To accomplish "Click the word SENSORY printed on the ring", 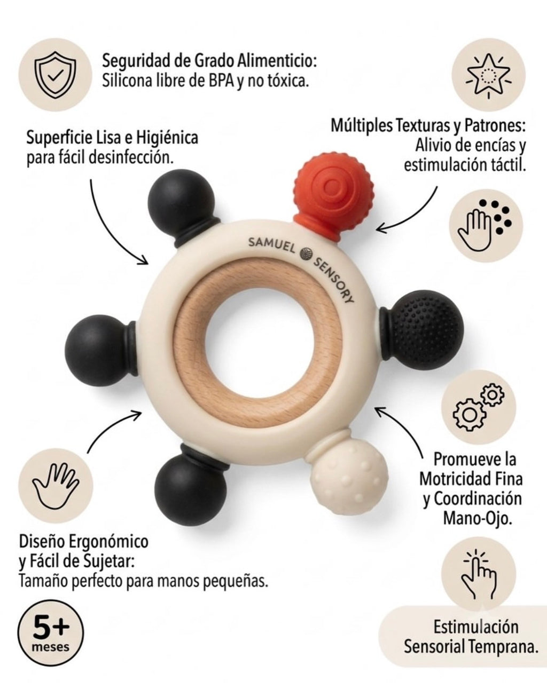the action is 334,280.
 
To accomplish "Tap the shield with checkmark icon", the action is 56,75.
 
